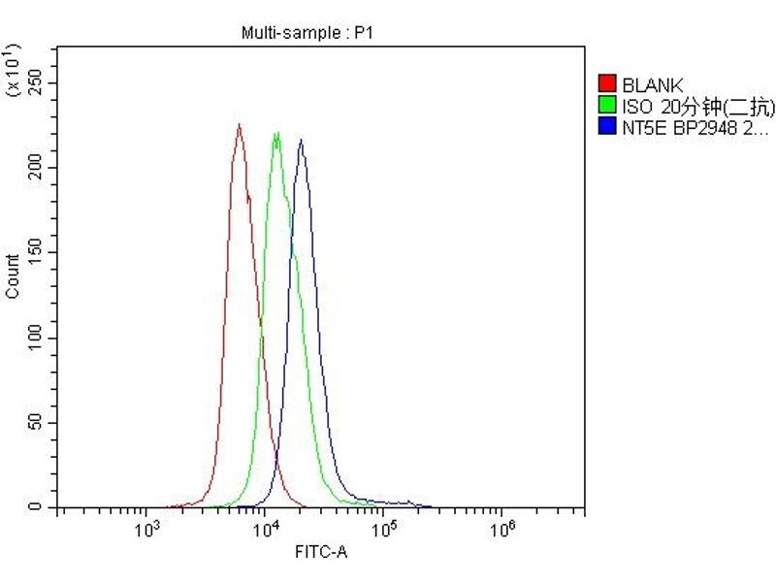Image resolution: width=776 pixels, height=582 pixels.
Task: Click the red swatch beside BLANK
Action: point(608,85)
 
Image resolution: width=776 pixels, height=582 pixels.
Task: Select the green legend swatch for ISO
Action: point(608,106)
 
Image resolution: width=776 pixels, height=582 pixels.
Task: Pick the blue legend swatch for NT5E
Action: point(608,126)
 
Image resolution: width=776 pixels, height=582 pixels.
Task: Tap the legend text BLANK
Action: point(653,85)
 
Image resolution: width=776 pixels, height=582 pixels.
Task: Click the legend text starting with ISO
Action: point(698,106)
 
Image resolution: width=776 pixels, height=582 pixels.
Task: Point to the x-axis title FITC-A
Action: point(320,553)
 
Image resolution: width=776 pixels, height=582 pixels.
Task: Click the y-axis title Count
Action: point(13,275)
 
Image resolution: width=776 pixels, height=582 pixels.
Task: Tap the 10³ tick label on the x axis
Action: point(146,529)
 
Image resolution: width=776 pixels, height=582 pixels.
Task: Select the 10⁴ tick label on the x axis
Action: point(265,529)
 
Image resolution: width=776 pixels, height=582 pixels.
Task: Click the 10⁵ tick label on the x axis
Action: point(384,529)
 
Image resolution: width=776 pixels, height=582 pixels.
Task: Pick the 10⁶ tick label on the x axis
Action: point(502,529)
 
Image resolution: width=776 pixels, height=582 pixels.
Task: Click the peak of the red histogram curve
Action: point(239,124)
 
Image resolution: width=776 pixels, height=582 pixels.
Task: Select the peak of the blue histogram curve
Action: point(302,140)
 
